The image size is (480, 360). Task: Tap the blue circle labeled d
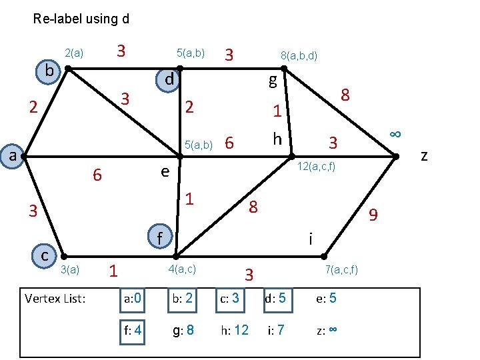point(169,79)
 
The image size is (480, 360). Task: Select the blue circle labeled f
point(159,237)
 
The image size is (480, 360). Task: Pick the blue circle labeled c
point(44,255)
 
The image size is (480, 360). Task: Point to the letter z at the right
point(424,156)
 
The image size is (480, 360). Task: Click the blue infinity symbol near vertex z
point(395,133)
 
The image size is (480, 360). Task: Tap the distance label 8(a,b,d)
point(299,57)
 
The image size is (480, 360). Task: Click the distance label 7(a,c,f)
point(341,269)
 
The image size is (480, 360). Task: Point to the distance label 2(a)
point(73,53)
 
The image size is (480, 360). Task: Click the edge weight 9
point(373,215)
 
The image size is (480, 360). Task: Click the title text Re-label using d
point(81,19)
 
